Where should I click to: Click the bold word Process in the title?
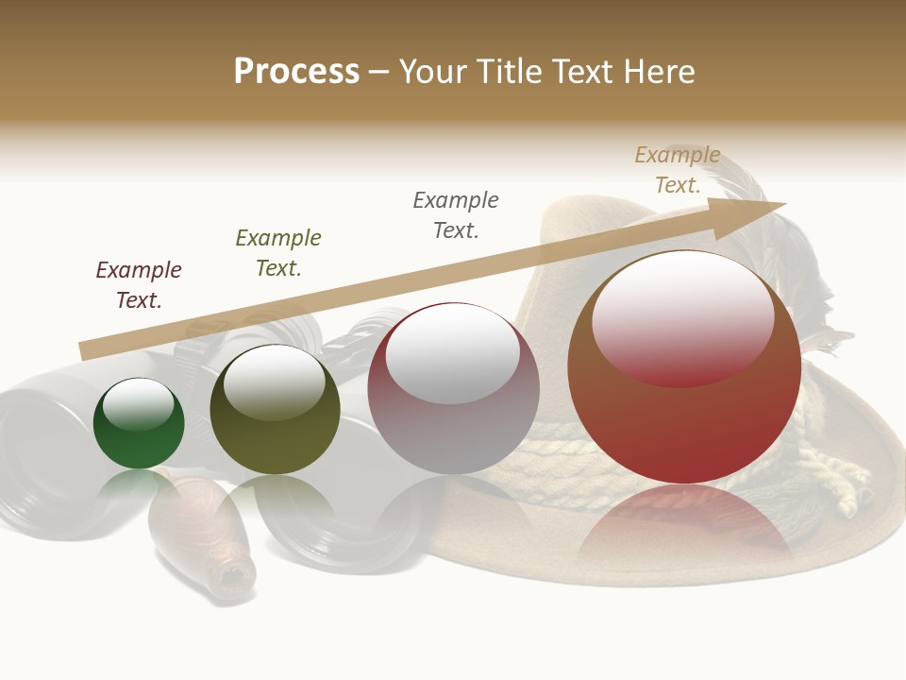pyautogui.click(x=296, y=72)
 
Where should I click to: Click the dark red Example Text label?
pyautogui.click(x=139, y=285)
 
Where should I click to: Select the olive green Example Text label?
pyautogui.click(x=278, y=253)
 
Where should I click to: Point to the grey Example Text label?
pyautogui.click(x=456, y=215)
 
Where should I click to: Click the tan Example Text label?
pyautogui.click(x=678, y=170)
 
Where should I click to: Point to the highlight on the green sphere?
pyautogui.click(x=138, y=404)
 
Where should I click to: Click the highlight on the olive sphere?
pyautogui.click(x=274, y=382)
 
